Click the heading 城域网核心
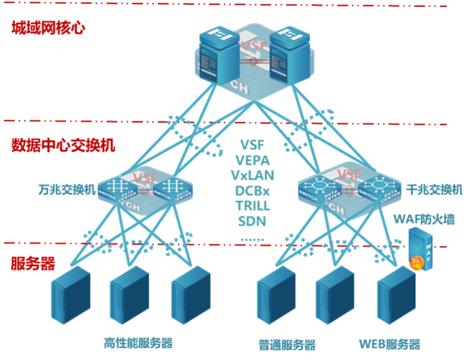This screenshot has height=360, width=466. (x=48, y=28)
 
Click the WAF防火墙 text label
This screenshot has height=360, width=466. (x=424, y=219)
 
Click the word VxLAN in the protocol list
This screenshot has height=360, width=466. (x=252, y=175)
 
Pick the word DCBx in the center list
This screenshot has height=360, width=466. (x=253, y=190)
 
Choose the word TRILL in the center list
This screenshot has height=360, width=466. (x=253, y=205)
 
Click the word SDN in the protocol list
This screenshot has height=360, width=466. (x=252, y=221)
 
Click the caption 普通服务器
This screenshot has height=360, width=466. (x=287, y=345)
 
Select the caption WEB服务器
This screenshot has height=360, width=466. (x=390, y=345)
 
